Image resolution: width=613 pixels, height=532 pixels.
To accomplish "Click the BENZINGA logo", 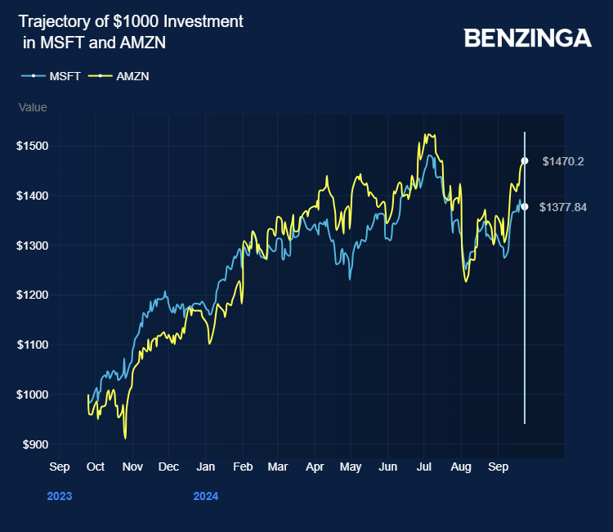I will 527,38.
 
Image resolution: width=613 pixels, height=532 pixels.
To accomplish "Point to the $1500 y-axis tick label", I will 33,146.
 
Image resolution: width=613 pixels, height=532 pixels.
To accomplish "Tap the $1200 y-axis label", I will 33,295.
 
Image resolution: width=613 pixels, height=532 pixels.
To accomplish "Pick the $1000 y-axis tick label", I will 33,394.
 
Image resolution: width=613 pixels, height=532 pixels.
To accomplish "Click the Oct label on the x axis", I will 95,467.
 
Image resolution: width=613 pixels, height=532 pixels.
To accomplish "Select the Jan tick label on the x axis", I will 206,467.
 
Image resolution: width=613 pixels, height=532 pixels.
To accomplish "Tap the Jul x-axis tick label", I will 424,467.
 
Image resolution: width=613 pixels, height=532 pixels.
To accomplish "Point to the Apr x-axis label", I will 315,467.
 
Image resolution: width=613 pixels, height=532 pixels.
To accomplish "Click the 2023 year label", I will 60,496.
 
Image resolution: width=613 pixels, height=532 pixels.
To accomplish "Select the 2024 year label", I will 206,496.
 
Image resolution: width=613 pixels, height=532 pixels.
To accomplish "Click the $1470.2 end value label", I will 563,161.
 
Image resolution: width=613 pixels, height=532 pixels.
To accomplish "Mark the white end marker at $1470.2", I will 525,160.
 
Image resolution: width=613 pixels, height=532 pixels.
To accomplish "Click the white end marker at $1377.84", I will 525,206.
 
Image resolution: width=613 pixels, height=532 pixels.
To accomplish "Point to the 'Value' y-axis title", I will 34,107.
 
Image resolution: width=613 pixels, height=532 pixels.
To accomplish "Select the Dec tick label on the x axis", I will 168,467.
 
